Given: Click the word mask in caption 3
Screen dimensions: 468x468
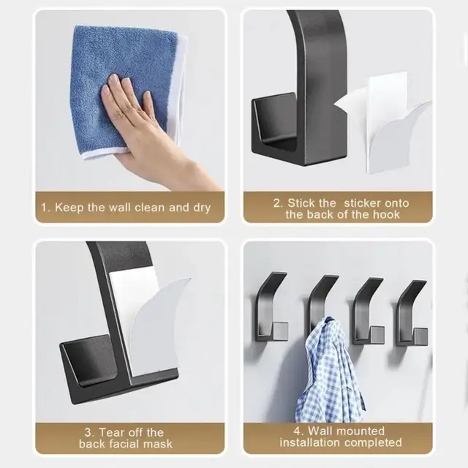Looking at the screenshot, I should [x=158, y=444].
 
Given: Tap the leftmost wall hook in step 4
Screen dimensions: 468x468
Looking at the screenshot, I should [x=270, y=307].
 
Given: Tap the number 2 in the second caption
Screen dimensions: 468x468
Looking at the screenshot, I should [x=277, y=203].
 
